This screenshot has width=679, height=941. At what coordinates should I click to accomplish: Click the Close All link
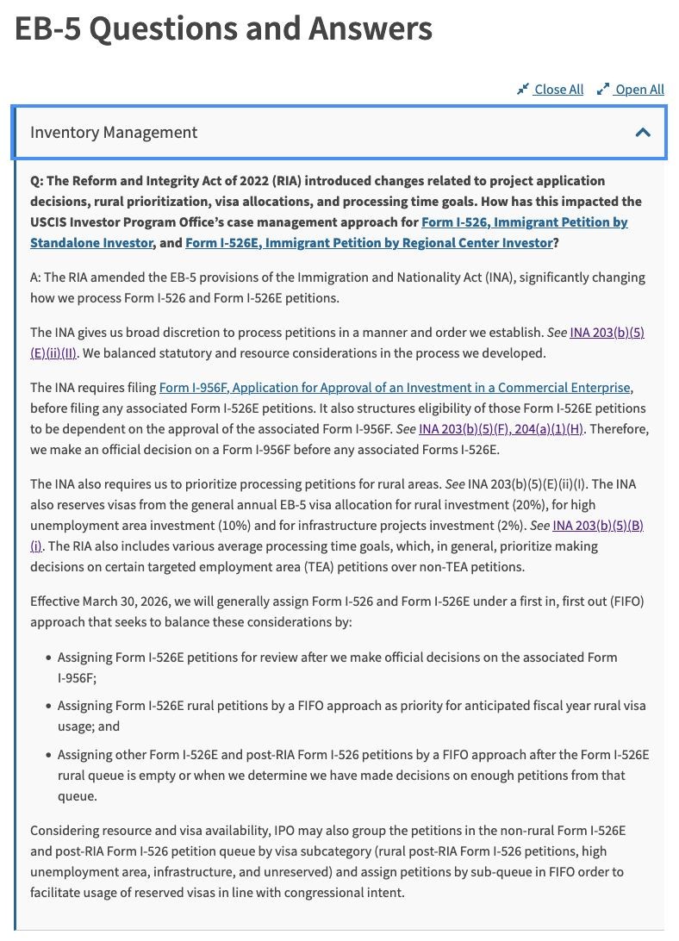(x=558, y=90)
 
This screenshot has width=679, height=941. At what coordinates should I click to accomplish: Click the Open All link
(x=639, y=90)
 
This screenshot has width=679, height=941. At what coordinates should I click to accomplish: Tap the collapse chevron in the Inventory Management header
(x=643, y=133)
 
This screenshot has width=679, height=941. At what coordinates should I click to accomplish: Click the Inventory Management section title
(x=114, y=133)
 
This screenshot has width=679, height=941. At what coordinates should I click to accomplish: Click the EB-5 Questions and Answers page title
(x=223, y=29)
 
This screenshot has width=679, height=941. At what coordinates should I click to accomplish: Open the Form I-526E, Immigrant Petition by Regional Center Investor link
(x=369, y=243)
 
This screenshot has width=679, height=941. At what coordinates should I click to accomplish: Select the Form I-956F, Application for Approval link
(x=396, y=388)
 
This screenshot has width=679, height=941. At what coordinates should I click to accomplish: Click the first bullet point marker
(x=48, y=657)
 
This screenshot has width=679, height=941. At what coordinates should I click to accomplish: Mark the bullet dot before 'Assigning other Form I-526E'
(x=48, y=755)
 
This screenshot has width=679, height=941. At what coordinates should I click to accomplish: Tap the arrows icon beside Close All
(x=522, y=90)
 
